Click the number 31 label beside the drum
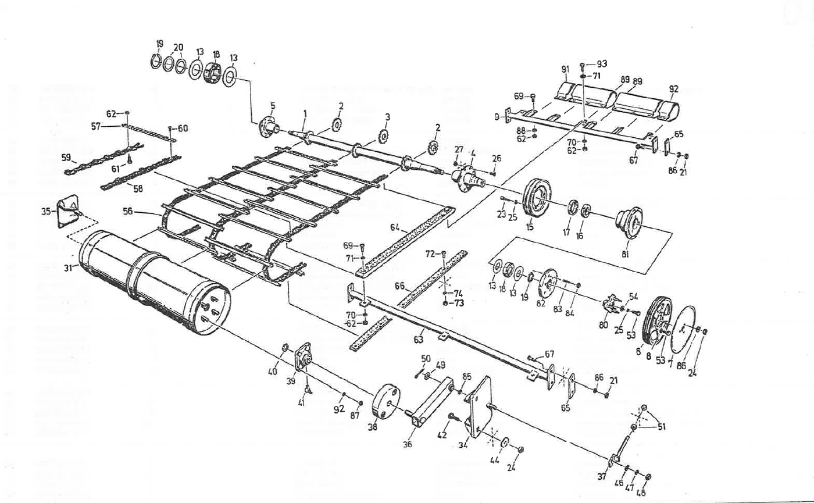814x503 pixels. pos(67,269)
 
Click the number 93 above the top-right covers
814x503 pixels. pos(602,63)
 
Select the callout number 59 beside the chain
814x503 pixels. pos(65,157)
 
